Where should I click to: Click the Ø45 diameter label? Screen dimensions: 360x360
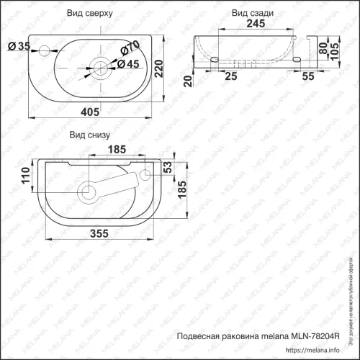click(x=128, y=64)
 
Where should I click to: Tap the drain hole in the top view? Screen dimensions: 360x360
click(x=100, y=69)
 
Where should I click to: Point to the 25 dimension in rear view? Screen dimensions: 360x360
click(x=230, y=76)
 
